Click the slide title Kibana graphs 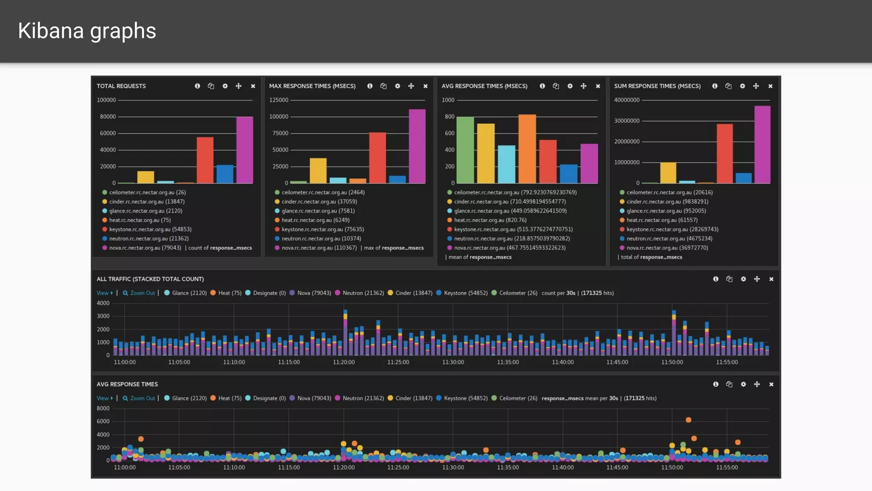(87, 31)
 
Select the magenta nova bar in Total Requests (244, 150)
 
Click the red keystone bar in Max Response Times (377, 158)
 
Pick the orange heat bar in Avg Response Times (527, 149)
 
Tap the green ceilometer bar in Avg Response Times (465, 150)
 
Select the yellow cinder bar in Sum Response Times (668, 173)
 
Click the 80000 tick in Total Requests (108, 117)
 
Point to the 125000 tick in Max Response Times (278, 100)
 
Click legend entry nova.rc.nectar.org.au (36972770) (667, 248)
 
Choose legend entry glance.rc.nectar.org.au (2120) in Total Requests (145, 211)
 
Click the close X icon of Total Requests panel (253, 86)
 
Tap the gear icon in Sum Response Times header (743, 86)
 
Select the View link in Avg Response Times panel (103, 399)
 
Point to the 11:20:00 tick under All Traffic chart (344, 362)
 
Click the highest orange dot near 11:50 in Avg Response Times (688, 420)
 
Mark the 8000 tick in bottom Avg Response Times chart (103, 409)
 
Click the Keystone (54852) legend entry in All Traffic (465, 293)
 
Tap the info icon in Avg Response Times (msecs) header (542, 86)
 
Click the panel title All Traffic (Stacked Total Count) (150, 279)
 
